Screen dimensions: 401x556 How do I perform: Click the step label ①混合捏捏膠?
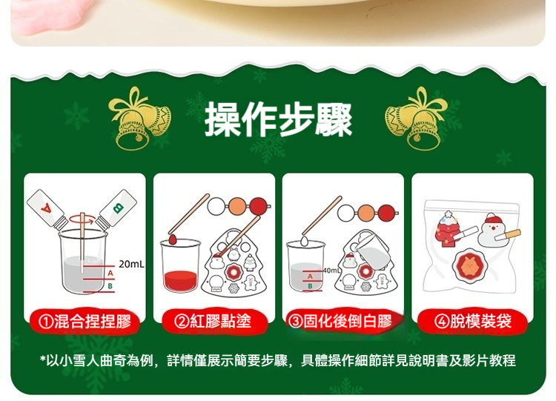pyautogui.click(x=84, y=322)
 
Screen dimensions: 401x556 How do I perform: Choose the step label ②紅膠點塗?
pyautogui.click(x=214, y=322)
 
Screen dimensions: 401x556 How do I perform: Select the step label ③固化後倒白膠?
pyautogui.click(x=342, y=322)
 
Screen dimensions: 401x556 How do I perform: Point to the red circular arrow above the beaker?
pyautogui.click(x=83, y=219)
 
